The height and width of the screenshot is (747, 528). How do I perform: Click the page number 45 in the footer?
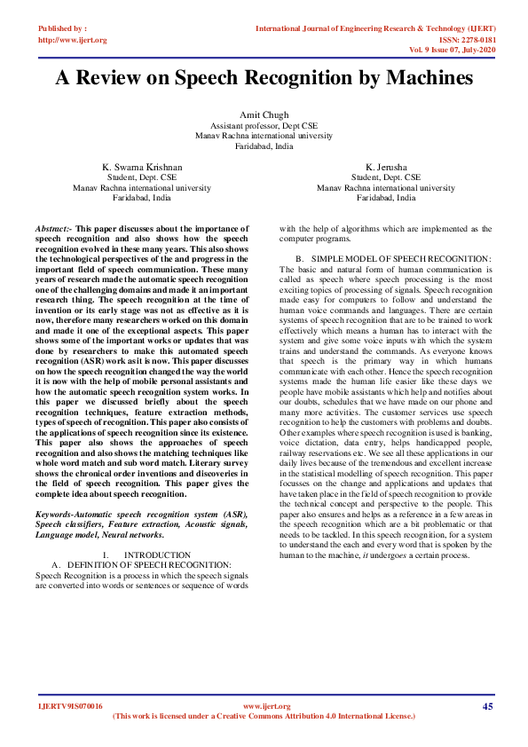[x=487, y=706]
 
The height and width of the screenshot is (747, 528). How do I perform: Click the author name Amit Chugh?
[x=264, y=116]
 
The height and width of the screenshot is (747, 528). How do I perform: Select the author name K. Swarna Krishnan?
[x=142, y=166]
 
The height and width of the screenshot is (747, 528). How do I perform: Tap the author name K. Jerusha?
[x=385, y=166]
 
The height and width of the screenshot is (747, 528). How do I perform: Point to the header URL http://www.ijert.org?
[x=73, y=40]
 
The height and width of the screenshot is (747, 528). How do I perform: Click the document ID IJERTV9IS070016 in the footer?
[x=71, y=706]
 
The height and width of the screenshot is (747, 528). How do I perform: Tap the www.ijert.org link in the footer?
[x=266, y=706]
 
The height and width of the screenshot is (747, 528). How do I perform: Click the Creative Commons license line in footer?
[x=264, y=715]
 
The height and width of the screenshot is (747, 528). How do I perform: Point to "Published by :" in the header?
[x=63, y=29]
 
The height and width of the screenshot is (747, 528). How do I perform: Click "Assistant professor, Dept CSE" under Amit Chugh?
[x=264, y=127]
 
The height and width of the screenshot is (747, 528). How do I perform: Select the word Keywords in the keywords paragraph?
[x=59, y=515]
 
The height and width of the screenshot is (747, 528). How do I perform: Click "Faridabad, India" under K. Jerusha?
[x=385, y=198]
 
